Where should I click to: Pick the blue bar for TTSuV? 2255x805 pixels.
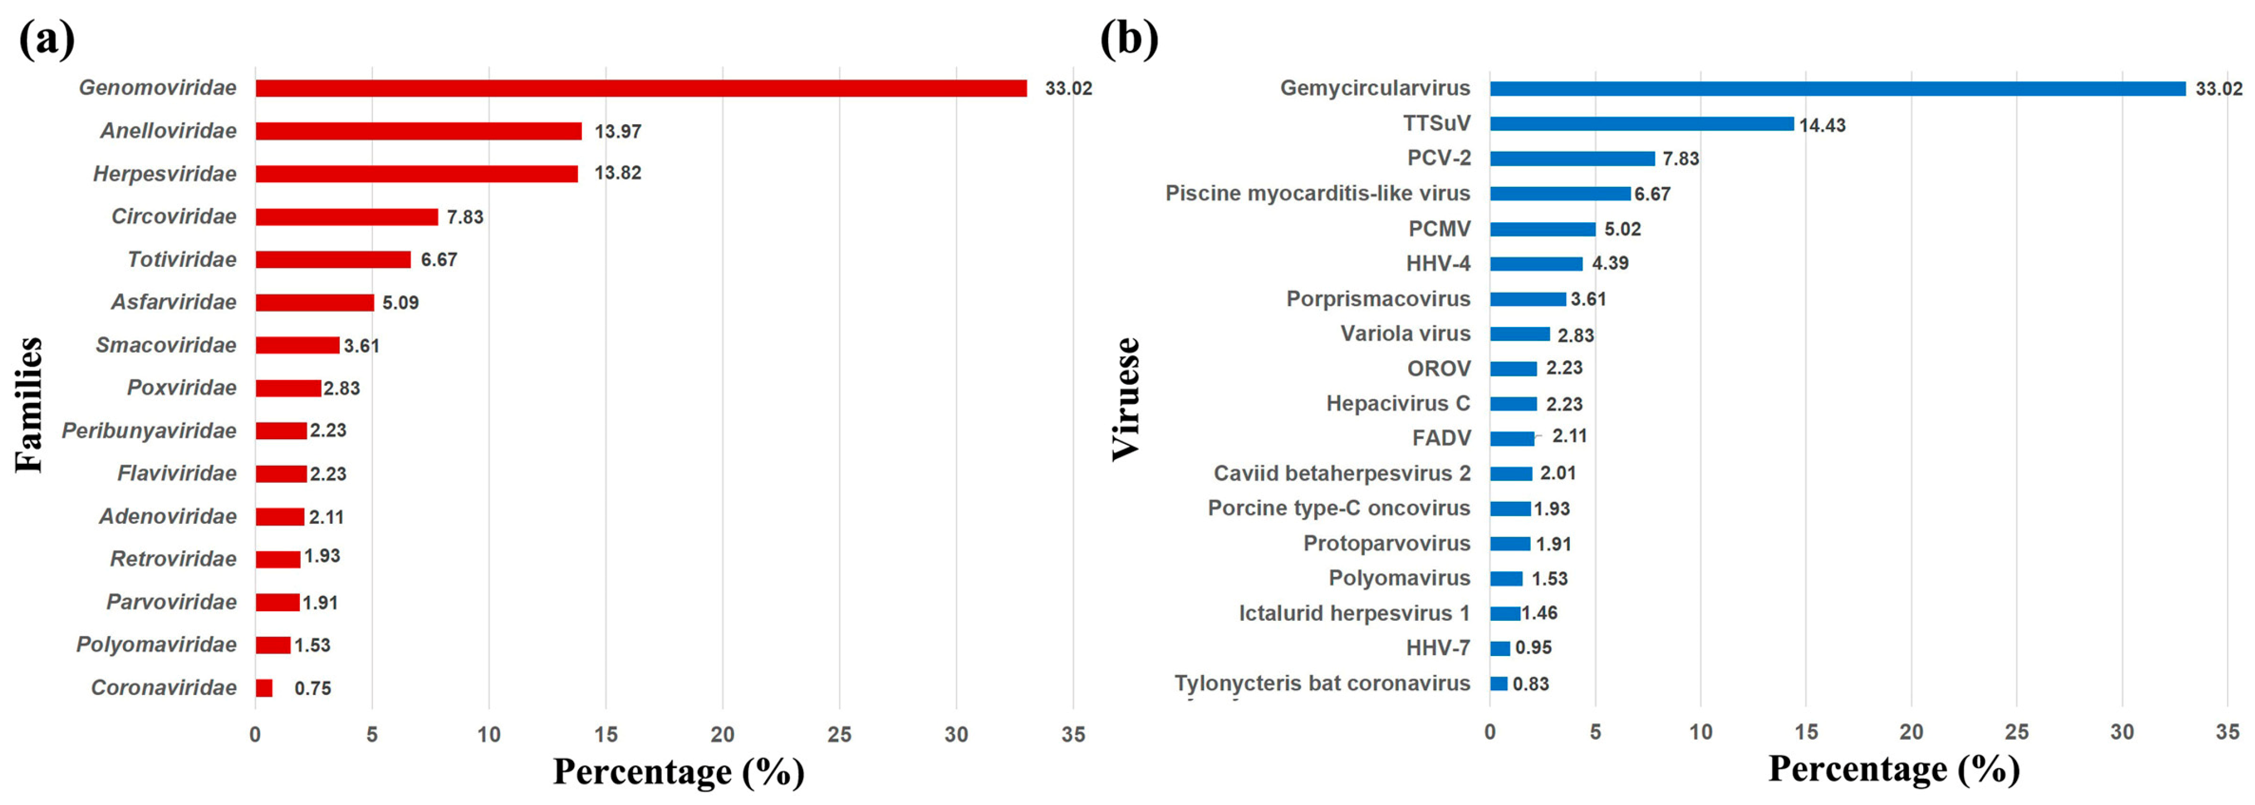coord(1641,124)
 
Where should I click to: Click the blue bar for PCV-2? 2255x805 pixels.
coord(1572,158)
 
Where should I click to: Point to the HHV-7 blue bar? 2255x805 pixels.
coord(1499,648)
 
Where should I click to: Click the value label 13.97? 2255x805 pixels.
coord(618,132)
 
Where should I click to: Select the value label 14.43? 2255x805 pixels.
coord(1823,125)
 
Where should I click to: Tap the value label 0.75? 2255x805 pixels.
coord(312,689)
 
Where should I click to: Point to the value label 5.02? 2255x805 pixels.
coord(1622,230)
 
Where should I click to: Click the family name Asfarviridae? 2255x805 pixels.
coord(174,302)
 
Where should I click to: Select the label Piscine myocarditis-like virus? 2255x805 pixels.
coord(1317,194)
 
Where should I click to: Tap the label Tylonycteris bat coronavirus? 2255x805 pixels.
coord(1322,683)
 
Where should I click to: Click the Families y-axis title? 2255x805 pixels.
coord(29,405)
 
